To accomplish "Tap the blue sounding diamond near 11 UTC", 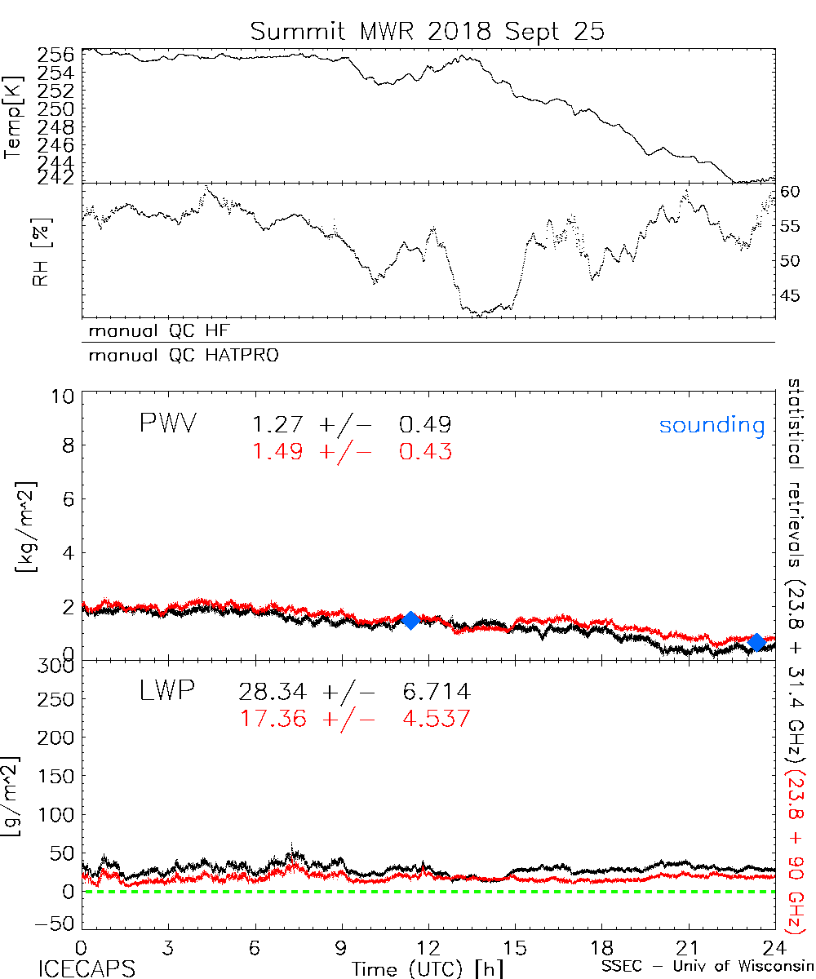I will click(x=410, y=620).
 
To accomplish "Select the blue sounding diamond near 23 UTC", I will click(x=756, y=642).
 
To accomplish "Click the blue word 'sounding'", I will click(x=712, y=425).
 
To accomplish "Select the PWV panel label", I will click(x=170, y=423).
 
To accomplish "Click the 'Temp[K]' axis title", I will click(x=14, y=118).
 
